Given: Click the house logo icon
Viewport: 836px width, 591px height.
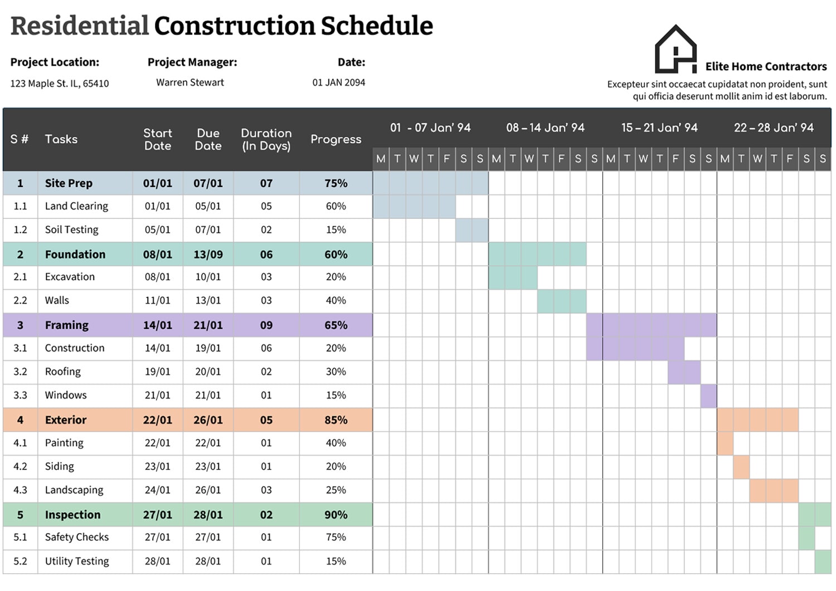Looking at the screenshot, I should tap(675, 50).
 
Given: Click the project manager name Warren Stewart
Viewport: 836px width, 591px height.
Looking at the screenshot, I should tap(189, 82).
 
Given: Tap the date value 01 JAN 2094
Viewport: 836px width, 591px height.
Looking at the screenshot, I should tap(338, 82).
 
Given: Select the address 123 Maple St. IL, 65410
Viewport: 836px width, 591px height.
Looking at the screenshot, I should tap(60, 84).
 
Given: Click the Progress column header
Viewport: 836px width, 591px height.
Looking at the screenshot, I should tap(336, 139).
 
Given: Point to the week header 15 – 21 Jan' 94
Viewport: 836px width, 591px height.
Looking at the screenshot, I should tap(659, 128).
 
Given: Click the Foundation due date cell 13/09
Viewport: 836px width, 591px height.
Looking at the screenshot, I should tap(208, 255).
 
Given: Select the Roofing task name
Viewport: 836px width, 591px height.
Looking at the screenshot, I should tap(62, 372).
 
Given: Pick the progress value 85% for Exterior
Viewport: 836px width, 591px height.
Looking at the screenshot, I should tap(336, 420).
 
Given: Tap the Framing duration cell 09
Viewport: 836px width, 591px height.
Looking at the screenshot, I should tap(266, 325).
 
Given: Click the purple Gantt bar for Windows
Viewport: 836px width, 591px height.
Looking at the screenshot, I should tap(708, 396).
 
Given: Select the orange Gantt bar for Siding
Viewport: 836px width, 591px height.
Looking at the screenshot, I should tap(741, 467).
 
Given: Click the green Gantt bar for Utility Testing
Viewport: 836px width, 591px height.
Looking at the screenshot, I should tap(823, 561).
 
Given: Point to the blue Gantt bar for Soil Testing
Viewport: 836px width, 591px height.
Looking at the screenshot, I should tap(472, 230).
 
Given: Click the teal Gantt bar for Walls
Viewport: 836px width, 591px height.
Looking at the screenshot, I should tap(562, 301).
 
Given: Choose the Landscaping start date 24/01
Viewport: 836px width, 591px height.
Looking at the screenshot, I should tap(157, 490).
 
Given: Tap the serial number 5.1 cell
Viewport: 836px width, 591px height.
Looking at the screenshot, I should tap(20, 538).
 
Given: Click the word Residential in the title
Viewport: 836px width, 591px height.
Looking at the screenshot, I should tap(80, 26).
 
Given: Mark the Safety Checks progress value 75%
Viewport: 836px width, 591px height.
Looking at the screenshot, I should tap(336, 538).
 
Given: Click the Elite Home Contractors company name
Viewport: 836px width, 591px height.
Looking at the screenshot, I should tap(766, 67).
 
